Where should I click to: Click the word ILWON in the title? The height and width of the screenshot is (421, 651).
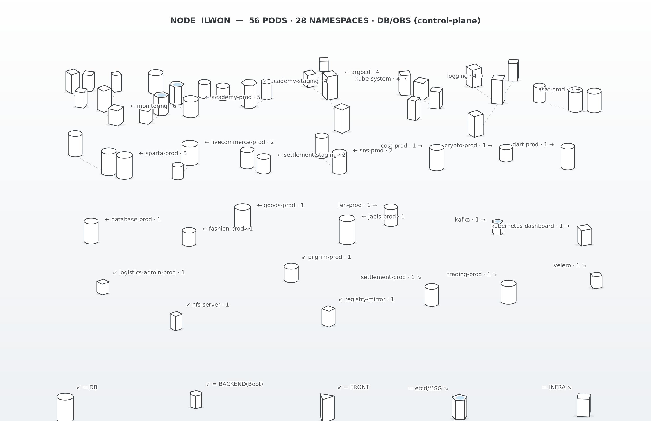(216, 21)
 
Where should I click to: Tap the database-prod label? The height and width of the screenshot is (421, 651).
(133, 220)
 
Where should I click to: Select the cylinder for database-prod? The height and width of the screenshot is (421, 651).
(91, 231)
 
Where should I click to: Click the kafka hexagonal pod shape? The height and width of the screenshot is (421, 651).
(498, 227)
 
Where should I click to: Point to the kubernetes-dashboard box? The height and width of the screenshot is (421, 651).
(584, 235)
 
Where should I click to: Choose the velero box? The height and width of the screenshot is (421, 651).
(596, 281)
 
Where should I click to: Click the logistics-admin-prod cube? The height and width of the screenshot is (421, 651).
(103, 287)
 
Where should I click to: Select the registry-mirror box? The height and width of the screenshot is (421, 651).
(328, 316)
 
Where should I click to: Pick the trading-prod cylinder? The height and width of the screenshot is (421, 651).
(508, 292)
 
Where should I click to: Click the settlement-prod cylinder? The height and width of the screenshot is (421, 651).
(432, 295)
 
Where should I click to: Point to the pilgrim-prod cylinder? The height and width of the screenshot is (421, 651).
(291, 273)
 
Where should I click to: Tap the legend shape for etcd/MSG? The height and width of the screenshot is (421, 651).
(459, 407)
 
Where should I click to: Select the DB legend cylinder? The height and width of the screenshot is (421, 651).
(65, 407)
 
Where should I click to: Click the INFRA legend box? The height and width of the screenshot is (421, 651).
(583, 405)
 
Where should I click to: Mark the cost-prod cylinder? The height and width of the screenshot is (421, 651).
(437, 158)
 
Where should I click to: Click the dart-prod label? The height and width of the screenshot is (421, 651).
(533, 145)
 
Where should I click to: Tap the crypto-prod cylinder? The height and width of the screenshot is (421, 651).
(506, 153)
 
